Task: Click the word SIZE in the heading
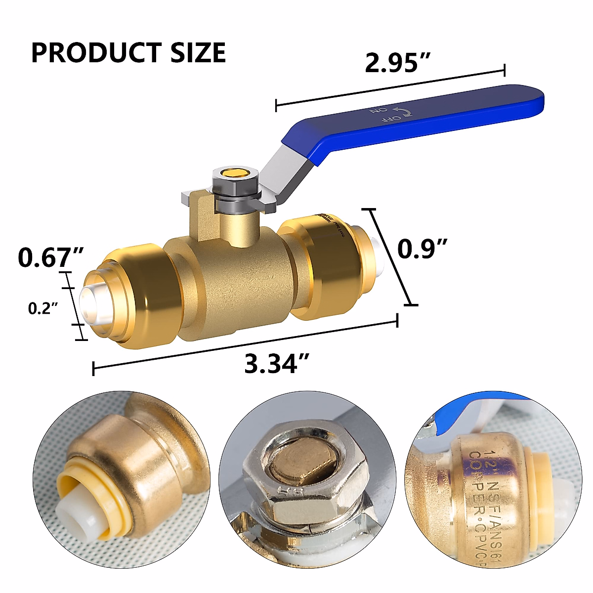click(198, 53)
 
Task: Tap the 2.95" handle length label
click(398, 63)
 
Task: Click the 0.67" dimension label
click(50, 257)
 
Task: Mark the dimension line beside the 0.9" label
click(391, 257)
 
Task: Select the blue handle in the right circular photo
click(474, 415)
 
